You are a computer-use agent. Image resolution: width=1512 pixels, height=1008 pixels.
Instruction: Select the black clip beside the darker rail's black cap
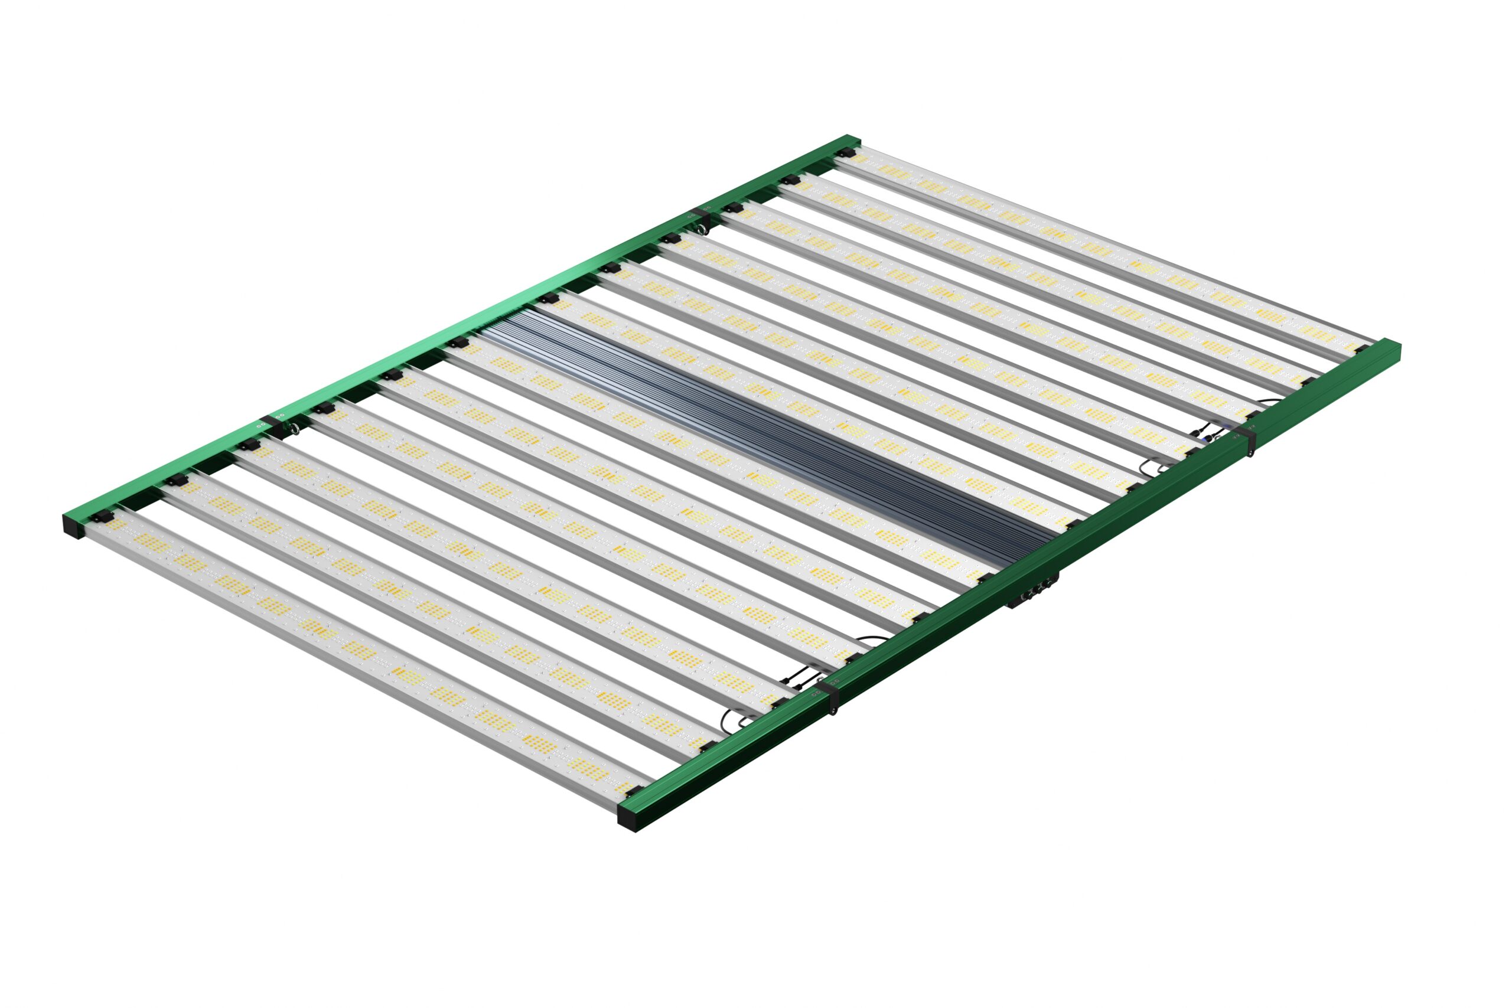[633, 791]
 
